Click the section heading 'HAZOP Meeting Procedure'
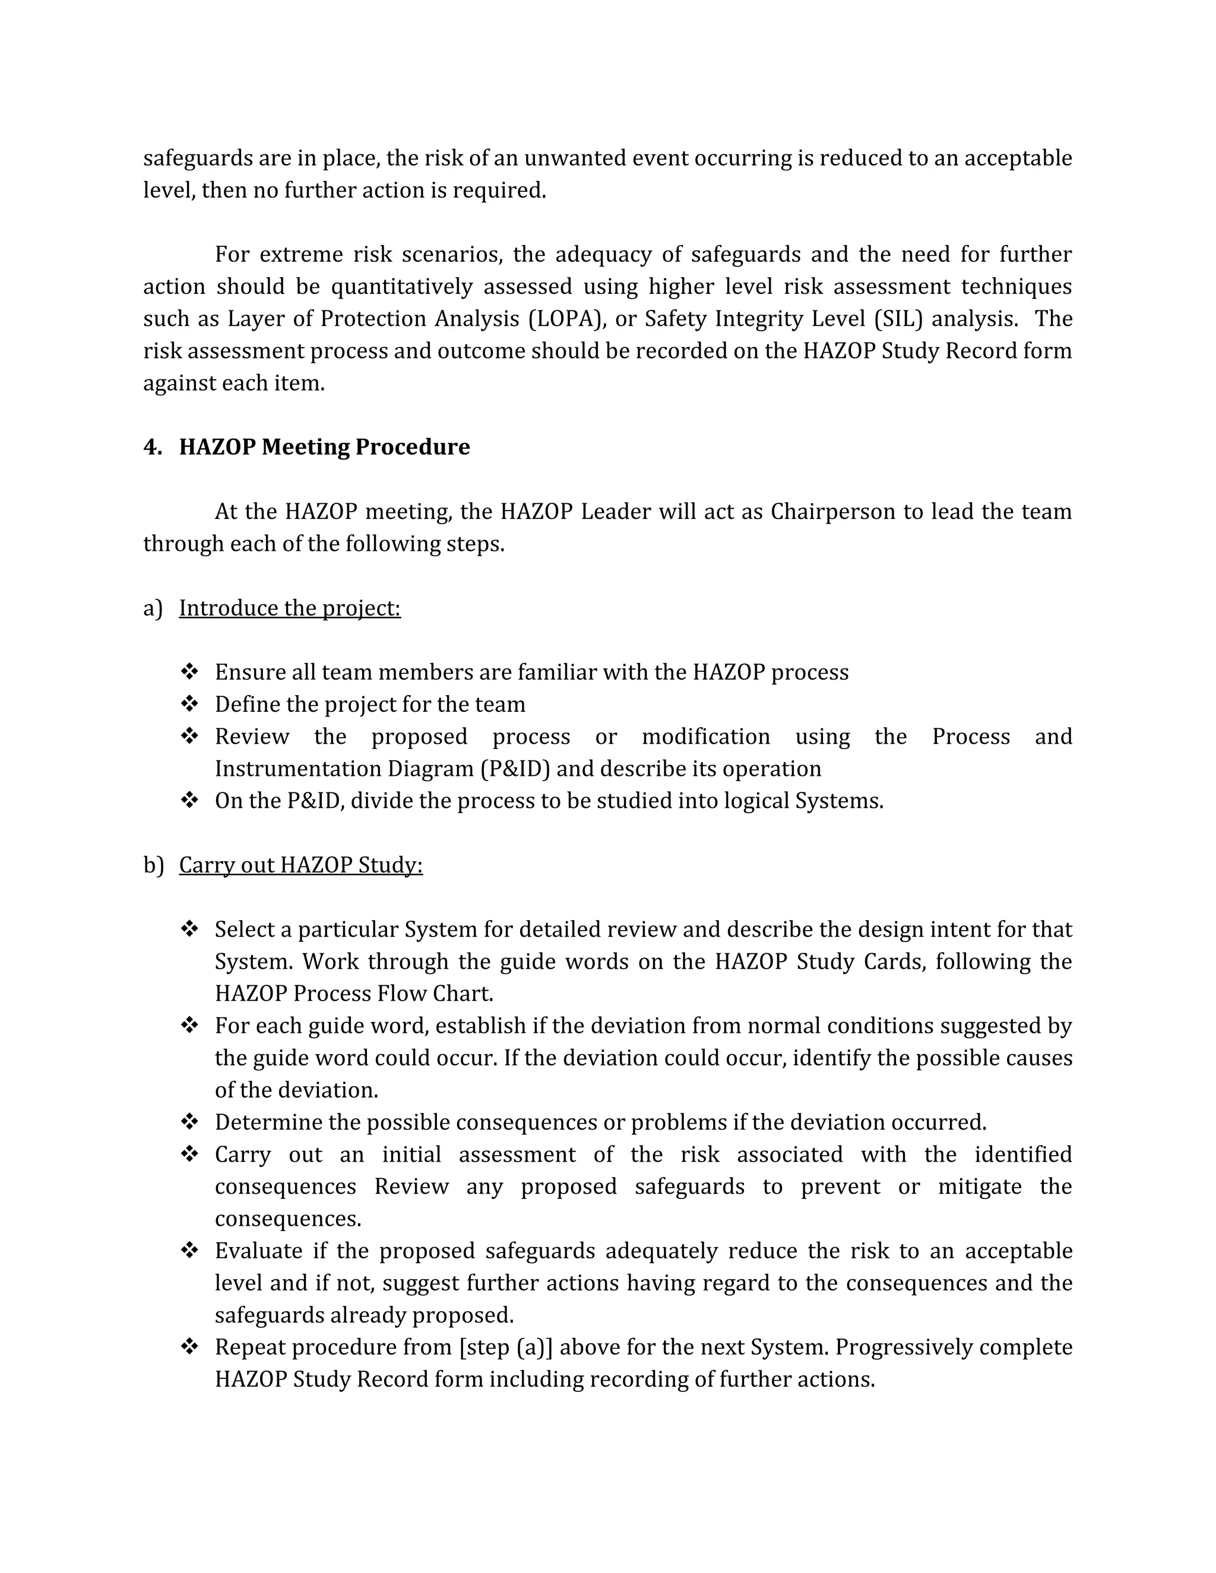pyautogui.click(x=324, y=448)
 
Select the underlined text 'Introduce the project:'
pyautogui.click(x=290, y=608)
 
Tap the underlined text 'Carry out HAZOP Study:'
pyautogui.click(x=300, y=865)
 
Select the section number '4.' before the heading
pyautogui.click(x=152, y=448)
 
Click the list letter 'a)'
pyautogui.click(x=153, y=608)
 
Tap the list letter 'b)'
pyautogui.click(x=153, y=865)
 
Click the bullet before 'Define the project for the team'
pyautogui.click(x=189, y=703)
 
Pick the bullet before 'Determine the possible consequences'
pyautogui.click(x=189, y=1122)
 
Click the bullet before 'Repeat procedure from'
pyautogui.click(x=189, y=1347)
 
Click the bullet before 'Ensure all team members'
pyautogui.click(x=189, y=672)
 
